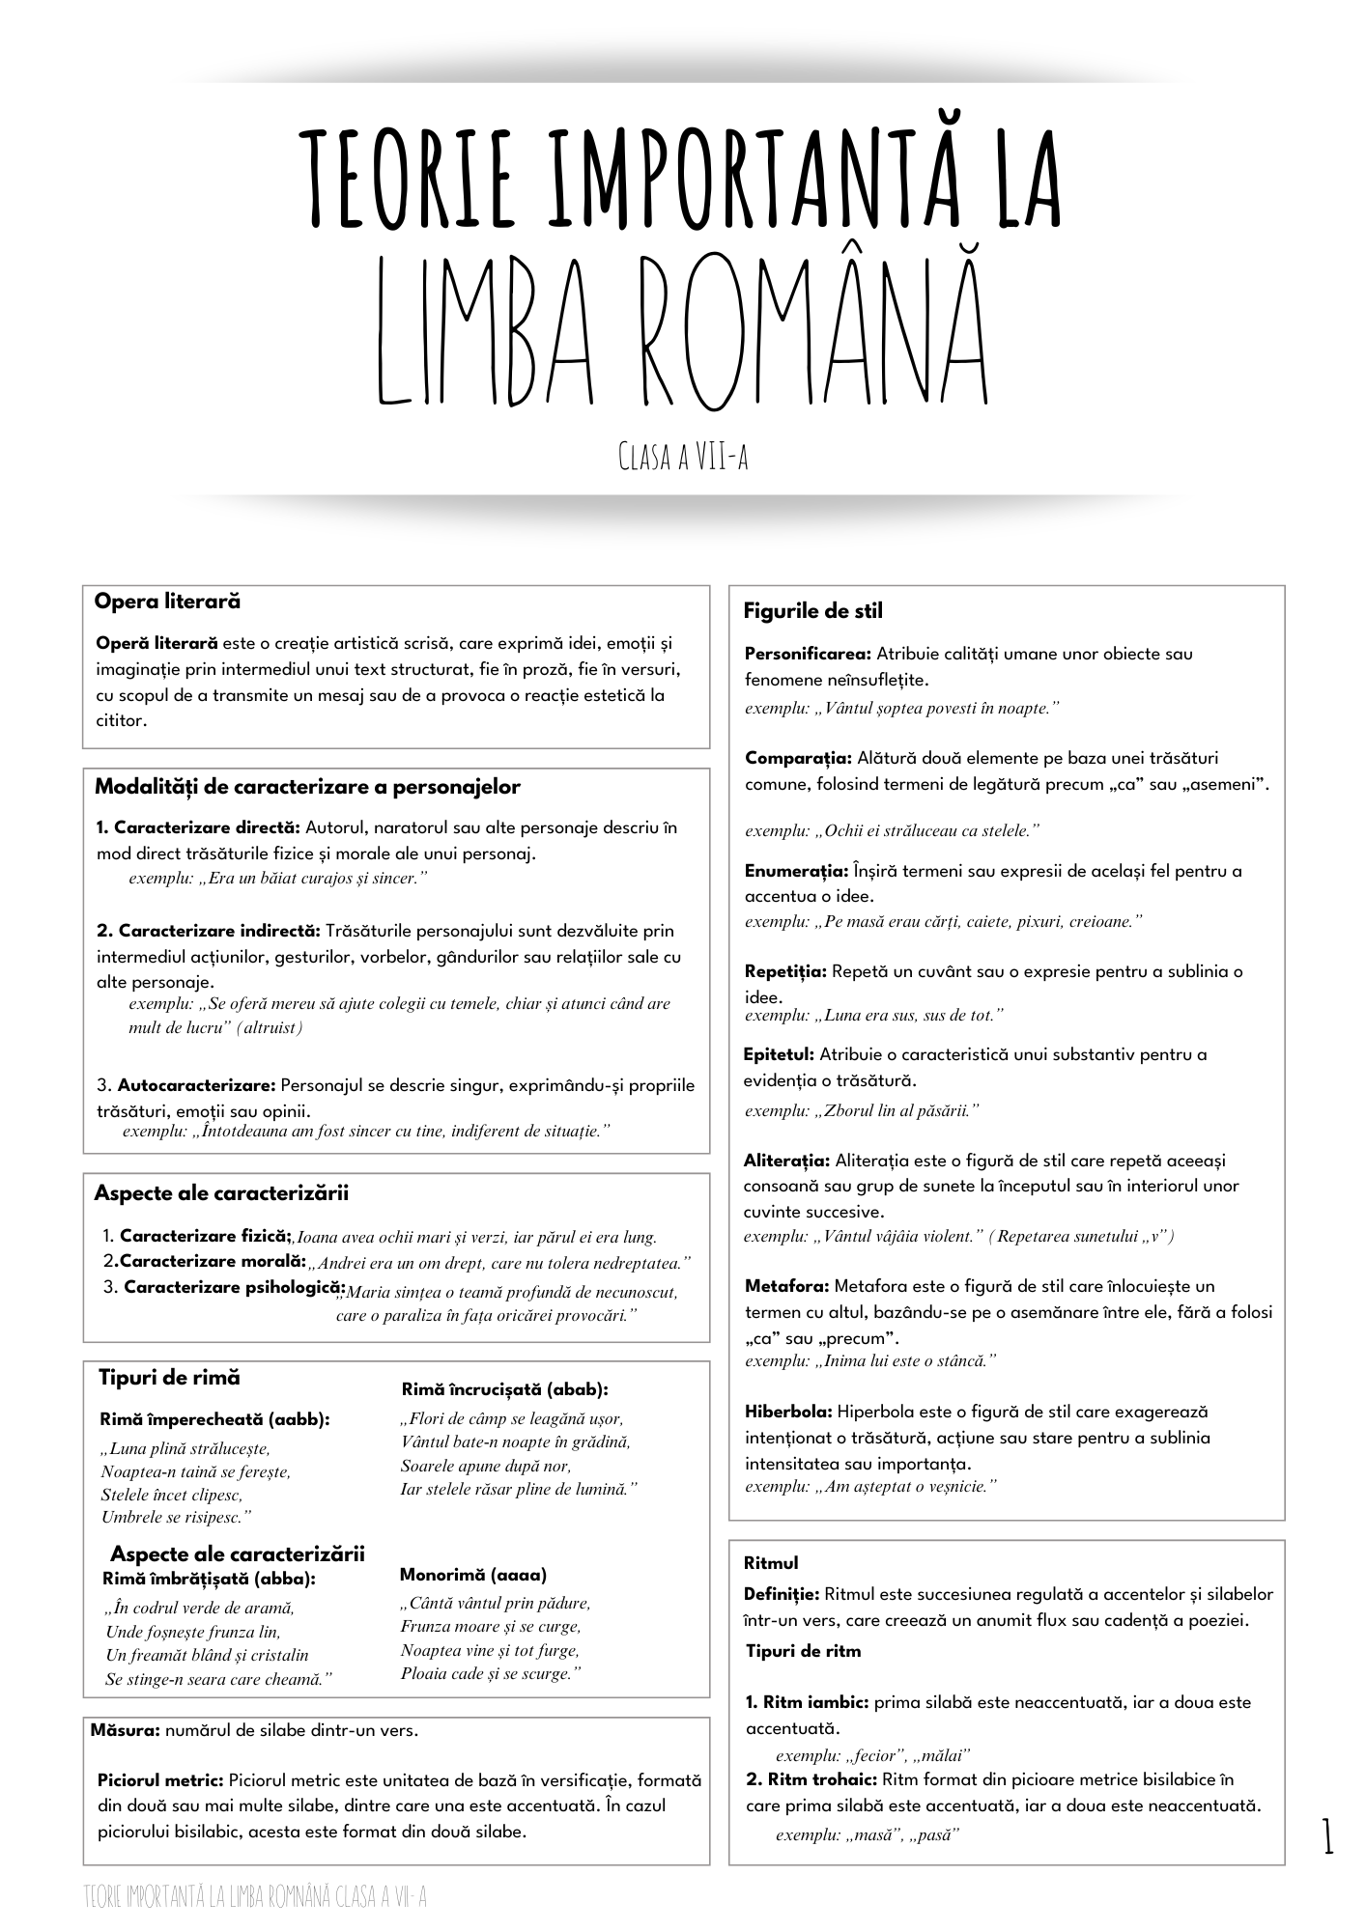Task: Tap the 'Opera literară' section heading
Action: click(167, 602)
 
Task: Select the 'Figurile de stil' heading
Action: click(812, 611)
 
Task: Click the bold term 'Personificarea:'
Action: click(808, 654)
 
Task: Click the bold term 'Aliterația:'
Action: click(786, 1161)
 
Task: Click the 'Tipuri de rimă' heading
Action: click(169, 1378)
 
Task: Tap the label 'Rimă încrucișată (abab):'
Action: click(504, 1389)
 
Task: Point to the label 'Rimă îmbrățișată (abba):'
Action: click(209, 1579)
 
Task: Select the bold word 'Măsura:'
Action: click(125, 1730)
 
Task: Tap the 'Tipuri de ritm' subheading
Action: click(803, 1651)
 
